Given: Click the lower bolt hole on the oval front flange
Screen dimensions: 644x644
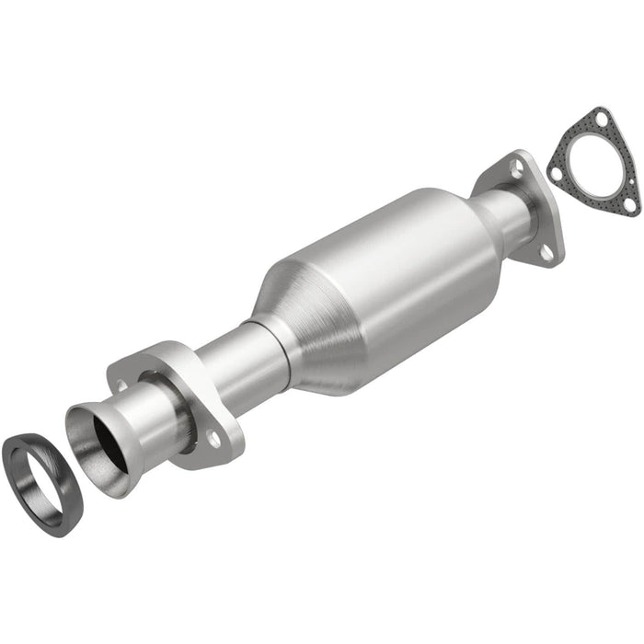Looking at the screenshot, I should point(213,441).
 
